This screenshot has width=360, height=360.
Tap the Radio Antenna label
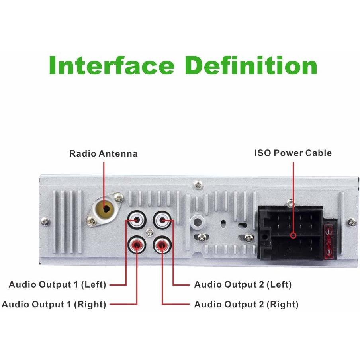103,153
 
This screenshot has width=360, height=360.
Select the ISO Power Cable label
293,153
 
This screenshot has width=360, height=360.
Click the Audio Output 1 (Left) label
57,284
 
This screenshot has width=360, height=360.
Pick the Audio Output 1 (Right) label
54,304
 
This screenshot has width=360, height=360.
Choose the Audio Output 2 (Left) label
243,284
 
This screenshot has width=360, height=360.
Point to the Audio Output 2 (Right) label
247,304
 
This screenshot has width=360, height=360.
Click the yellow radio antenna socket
105,209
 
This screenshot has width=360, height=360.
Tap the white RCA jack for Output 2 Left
162,220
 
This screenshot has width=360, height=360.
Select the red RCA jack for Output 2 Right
162,245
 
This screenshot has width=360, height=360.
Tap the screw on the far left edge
45,221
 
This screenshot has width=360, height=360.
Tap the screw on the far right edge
351,222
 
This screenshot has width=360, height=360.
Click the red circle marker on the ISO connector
293,235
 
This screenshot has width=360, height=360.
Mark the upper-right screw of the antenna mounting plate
119,198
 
